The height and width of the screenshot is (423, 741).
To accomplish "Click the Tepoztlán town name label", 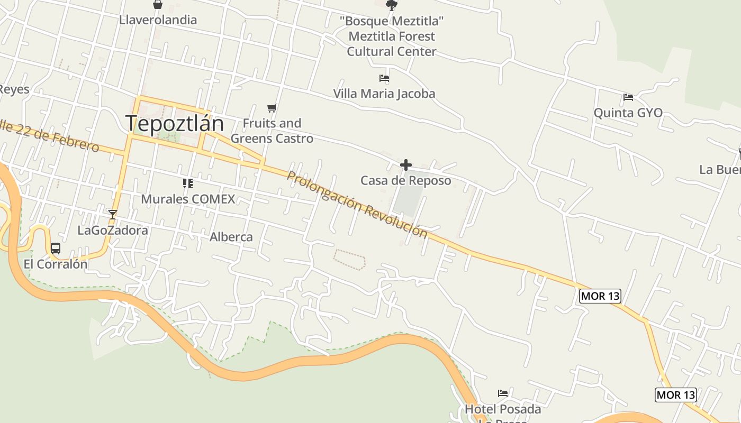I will (175, 124).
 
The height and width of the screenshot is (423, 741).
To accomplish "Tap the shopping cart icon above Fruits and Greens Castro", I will (272, 108).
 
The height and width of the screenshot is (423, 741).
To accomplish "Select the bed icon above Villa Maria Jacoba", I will (384, 78).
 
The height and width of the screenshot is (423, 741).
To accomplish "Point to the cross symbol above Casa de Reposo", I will (406, 165).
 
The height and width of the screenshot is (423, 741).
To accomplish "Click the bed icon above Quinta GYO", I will (628, 97).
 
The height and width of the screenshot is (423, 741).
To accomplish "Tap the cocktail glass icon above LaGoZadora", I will (112, 214).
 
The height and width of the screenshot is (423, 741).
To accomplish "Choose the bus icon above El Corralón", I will (56, 249).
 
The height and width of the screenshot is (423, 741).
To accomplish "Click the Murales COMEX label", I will (188, 199).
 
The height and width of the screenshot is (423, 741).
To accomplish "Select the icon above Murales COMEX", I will (187, 183).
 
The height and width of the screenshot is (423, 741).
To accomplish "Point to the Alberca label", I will (231, 237).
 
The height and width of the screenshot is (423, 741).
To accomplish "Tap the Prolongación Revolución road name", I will (357, 204).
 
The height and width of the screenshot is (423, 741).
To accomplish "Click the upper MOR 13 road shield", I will (600, 296).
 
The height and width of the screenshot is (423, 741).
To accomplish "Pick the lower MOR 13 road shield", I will (675, 394).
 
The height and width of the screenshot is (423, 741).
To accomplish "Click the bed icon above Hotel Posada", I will (503, 393).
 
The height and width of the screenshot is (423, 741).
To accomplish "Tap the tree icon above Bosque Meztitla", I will (392, 6).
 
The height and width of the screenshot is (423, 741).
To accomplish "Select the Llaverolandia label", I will (158, 20).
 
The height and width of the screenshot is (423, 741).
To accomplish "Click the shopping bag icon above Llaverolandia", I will (158, 5).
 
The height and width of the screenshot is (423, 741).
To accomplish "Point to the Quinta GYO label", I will (628, 113).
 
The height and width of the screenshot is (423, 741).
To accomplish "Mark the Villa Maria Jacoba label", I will (384, 94).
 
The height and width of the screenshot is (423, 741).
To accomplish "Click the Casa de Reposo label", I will (406, 180).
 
